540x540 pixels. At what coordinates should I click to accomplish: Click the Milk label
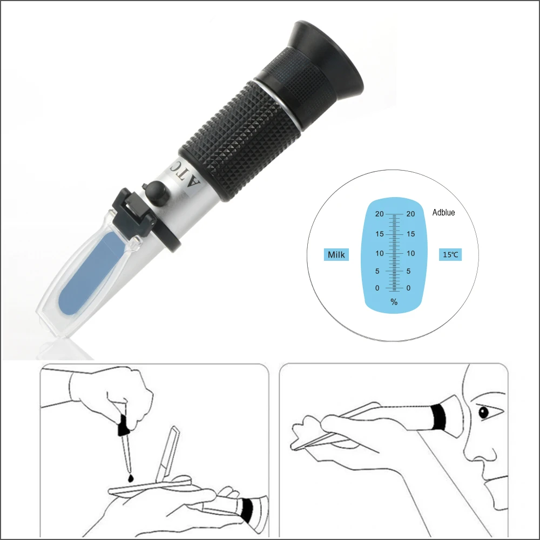336,254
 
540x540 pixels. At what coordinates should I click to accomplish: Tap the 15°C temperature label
450,254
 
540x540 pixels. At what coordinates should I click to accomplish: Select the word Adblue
443,212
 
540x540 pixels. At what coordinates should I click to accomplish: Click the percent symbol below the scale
394,302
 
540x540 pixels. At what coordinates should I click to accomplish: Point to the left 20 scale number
379,214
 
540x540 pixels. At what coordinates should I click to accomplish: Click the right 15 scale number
410,234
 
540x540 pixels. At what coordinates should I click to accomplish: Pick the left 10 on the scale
379,253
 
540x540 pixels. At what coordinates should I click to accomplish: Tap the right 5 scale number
408,271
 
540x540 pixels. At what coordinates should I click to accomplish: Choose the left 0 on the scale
377,288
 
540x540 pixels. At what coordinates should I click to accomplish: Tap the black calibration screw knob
157,193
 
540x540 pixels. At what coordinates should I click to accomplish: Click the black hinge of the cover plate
133,213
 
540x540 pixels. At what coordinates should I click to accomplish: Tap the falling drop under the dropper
131,478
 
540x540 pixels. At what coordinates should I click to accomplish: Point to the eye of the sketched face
484,412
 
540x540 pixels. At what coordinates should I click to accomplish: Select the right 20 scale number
410,214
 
